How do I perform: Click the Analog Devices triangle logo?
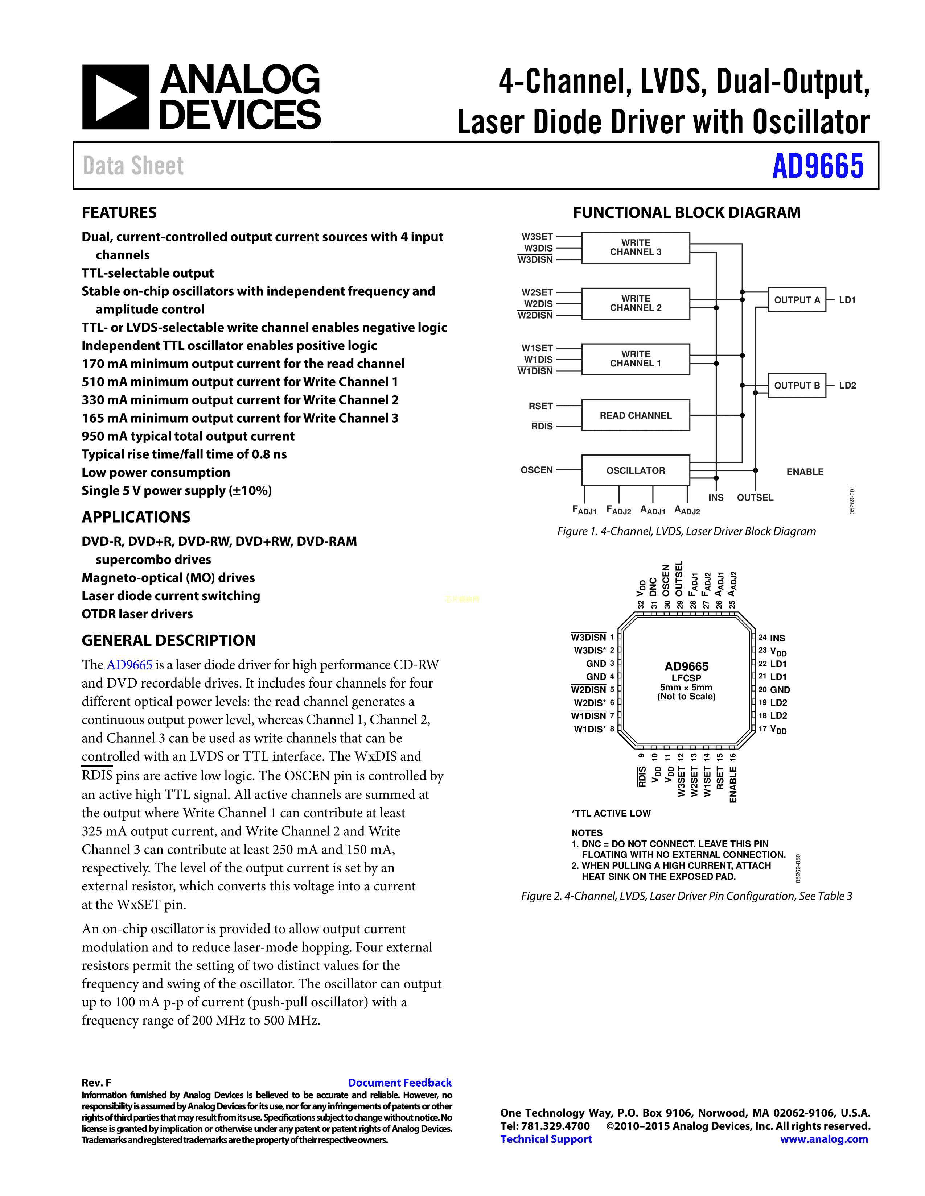point(115,97)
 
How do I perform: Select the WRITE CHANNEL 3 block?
point(635,248)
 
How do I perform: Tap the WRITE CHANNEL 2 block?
point(635,303)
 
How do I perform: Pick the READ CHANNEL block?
point(635,415)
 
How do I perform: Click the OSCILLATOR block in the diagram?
point(635,470)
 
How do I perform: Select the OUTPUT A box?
point(797,300)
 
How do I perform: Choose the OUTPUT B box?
point(797,386)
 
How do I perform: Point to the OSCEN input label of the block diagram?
point(536,470)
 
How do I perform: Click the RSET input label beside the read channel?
point(540,406)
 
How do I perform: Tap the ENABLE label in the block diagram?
point(805,472)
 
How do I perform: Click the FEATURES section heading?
point(119,212)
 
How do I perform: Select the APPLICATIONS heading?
point(136,517)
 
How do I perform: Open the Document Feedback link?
point(399,1083)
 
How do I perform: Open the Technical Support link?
point(546,1139)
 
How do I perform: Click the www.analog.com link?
point(824,1139)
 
